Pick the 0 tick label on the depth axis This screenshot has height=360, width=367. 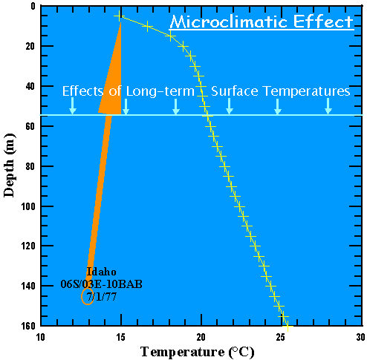(31, 7)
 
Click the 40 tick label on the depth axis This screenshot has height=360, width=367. (29, 86)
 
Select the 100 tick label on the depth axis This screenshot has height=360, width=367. (27, 206)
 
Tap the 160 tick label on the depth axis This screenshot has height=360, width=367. (27, 325)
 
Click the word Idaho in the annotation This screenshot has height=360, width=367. (101, 272)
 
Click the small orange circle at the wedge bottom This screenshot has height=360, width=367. (88, 297)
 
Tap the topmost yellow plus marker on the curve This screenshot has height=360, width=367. (119, 16)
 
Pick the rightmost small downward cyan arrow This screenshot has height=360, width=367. (328, 110)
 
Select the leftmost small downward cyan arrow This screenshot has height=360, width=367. (72, 110)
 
